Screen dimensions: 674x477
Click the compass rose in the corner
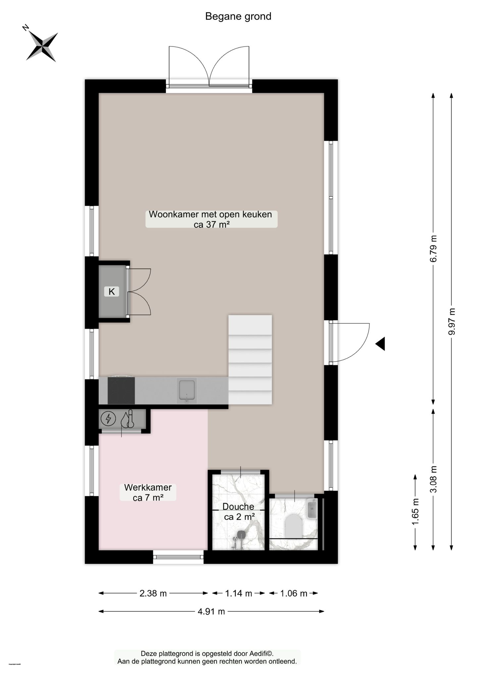point(42,46)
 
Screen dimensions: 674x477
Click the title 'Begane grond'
point(238,16)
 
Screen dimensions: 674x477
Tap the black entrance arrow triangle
point(381,344)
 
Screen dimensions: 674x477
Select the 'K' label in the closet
point(112,291)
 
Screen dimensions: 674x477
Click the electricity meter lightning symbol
point(108,419)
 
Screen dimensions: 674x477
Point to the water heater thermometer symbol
point(127,419)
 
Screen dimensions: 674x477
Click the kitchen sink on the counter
point(186,390)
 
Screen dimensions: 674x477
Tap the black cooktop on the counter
point(121,390)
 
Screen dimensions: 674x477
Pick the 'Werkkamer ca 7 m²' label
point(148,492)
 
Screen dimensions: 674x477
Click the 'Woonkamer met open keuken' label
point(210,214)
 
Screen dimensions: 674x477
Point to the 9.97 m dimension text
point(452,321)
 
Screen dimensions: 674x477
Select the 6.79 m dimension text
point(433,248)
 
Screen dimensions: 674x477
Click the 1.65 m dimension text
point(415,512)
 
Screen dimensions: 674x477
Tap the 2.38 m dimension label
point(153,593)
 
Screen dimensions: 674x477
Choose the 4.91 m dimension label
point(211,611)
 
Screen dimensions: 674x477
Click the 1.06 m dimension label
point(293,593)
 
